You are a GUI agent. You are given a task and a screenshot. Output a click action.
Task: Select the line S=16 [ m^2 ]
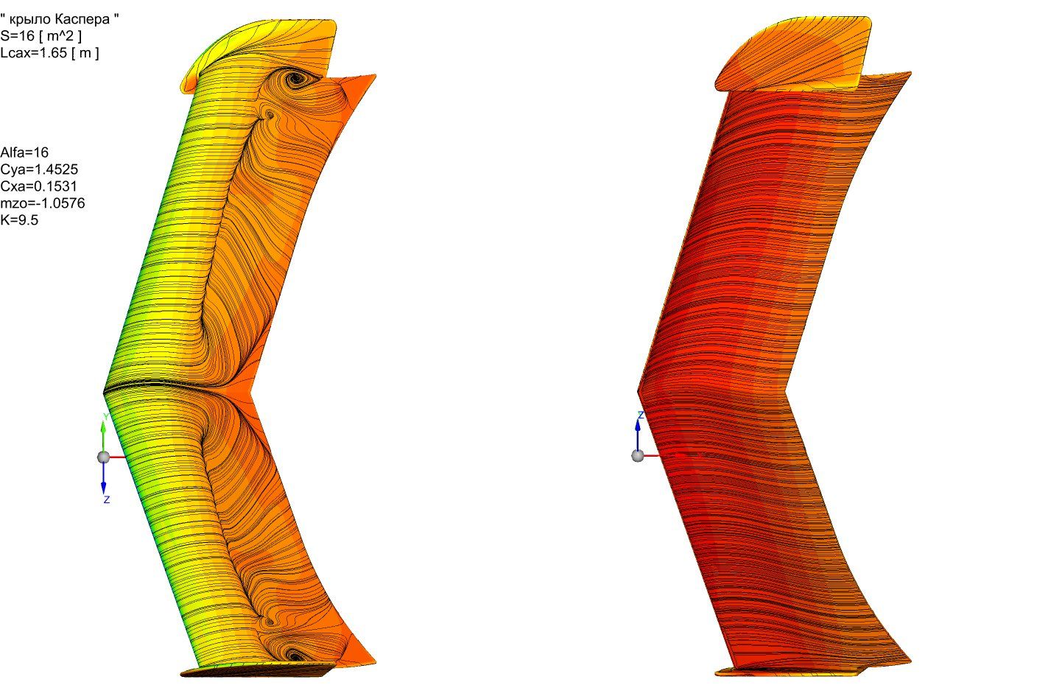41,36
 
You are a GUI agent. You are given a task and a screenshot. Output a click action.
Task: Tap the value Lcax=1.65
34,52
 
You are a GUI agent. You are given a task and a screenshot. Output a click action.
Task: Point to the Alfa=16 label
24,152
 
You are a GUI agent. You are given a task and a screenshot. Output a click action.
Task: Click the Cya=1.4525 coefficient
39,169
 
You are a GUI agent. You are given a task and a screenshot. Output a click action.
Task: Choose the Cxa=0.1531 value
38,186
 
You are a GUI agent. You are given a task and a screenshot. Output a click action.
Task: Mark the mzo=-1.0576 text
43,203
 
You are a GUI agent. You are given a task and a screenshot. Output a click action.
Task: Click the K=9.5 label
19,220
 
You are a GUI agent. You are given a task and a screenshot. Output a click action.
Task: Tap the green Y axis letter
106,417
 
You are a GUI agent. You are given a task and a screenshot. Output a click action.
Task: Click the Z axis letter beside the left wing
107,499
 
